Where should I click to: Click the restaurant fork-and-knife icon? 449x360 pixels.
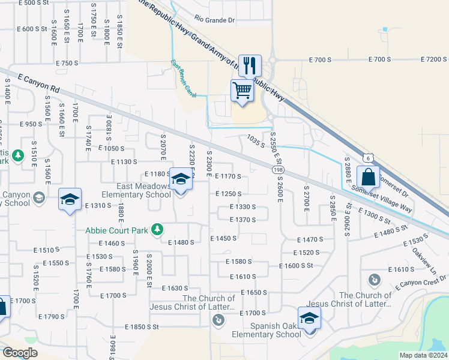pyautogui.click(x=250, y=65)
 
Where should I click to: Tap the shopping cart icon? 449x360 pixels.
pyautogui.click(x=242, y=91)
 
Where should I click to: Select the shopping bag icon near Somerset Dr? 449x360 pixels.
pyautogui.click(x=368, y=178)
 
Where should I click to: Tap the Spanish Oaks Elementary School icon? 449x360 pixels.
pyautogui.click(x=309, y=318)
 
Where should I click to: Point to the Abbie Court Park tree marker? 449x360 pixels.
pyautogui.click(x=157, y=229)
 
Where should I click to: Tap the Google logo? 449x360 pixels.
pyautogui.click(x=20, y=353)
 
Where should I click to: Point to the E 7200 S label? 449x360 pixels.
pyautogui.click(x=433, y=59)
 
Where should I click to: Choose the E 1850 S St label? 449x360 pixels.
pyautogui.click(x=141, y=327)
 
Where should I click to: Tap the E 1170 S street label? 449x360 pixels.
pyautogui.click(x=228, y=176)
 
